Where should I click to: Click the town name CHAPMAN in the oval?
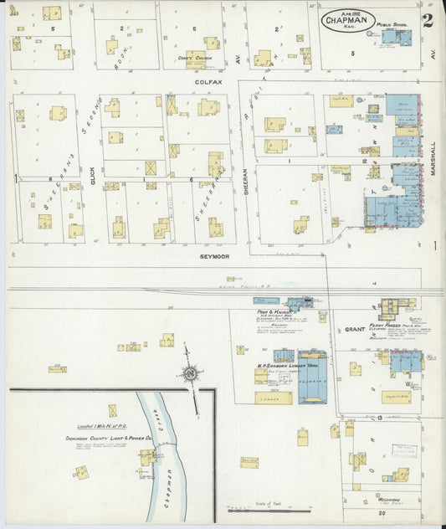[346, 22]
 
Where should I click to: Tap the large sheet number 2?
[427, 20]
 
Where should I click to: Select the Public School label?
[390, 26]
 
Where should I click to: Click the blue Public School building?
[395, 37]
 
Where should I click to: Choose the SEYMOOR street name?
[214, 256]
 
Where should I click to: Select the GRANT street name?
[355, 330]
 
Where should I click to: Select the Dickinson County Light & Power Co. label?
[113, 438]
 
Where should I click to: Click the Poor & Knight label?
[268, 311]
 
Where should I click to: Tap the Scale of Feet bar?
[269, 508]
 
